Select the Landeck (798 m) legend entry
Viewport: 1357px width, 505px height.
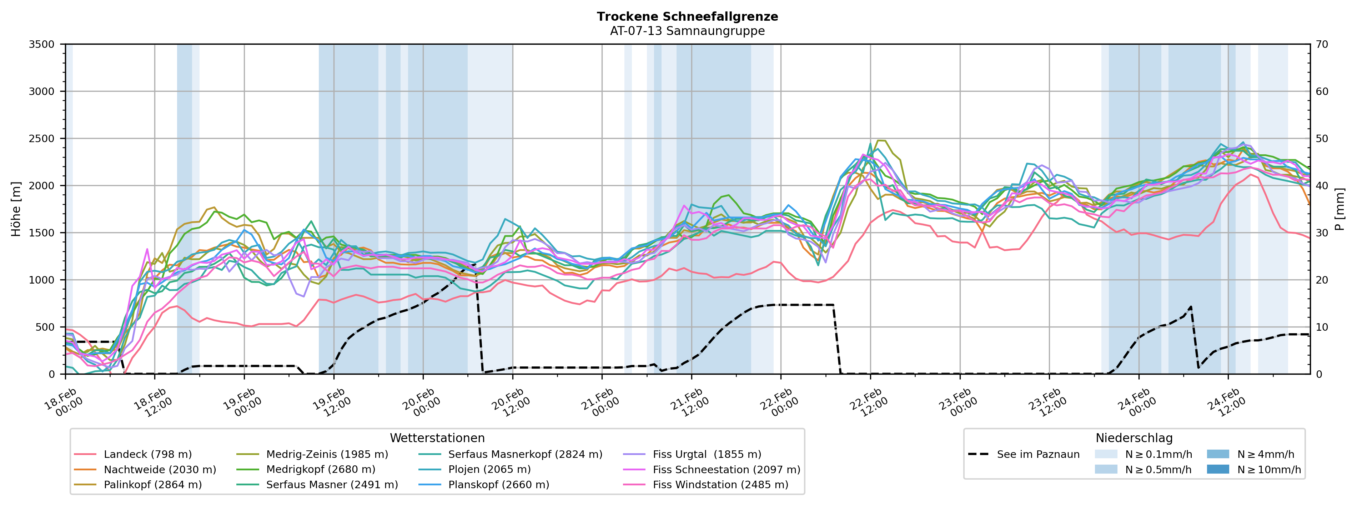pyautogui.click(x=147, y=454)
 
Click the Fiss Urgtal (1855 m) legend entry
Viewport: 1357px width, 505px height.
pyautogui.click(x=707, y=454)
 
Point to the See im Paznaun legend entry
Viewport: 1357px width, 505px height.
pyautogui.click(x=1038, y=454)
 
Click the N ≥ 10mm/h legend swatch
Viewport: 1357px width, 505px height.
pyautogui.click(x=1218, y=470)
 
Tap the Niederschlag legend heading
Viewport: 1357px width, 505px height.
pyautogui.click(x=1134, y=438)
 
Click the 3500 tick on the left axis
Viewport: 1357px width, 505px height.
pyautogui.click(x=42, y=44)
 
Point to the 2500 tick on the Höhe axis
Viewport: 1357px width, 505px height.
pyautogui.click(x=42, y=139)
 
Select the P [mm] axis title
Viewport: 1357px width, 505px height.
pyautogui.click(x=1340, y=209)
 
